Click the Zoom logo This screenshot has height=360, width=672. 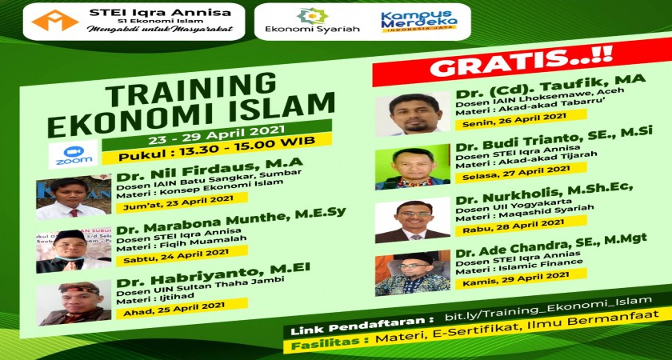coord(73,154)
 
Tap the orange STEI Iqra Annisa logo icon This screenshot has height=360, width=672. coord(55,20)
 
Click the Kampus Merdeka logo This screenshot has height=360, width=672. coord(419,22)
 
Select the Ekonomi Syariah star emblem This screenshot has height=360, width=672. coord(313,15)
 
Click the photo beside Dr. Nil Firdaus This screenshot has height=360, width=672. coord(74,197)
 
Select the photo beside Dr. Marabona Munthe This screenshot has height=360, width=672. coord(74,250)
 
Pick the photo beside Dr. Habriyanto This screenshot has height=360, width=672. coord(74,303)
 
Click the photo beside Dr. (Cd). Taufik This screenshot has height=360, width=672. coord(412,114)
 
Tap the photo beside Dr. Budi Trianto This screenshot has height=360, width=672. coord(412,167)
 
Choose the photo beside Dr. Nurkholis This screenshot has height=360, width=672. coord(412,220)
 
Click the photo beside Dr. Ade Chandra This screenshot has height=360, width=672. coord(412,273)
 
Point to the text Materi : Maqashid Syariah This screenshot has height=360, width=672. coord(525,213)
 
